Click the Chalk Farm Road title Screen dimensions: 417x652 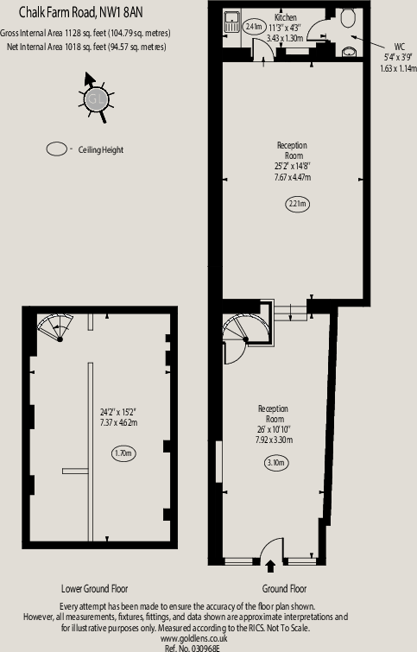[80, 12]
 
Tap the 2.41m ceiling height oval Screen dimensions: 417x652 [254, 27]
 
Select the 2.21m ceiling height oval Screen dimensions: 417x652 [298, 204]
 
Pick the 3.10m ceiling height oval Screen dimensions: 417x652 [276, 462]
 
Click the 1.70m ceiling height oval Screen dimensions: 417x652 [123, 453]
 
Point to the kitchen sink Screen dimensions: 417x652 [231, 22]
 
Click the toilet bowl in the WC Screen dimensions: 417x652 [348, 18]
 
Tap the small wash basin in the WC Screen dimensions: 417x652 [349, 52]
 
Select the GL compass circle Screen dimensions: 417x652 [96, 99]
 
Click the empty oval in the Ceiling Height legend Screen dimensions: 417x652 [56, 149]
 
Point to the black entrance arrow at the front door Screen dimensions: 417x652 [270, 566]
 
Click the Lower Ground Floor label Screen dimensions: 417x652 [94, 588]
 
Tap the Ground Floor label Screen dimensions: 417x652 [284, 588]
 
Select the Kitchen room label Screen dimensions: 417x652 [286, 17]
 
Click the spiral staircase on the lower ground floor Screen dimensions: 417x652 [56, 327]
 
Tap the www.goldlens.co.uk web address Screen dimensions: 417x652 [193, 638]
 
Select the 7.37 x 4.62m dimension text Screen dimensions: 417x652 [118, 422]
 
